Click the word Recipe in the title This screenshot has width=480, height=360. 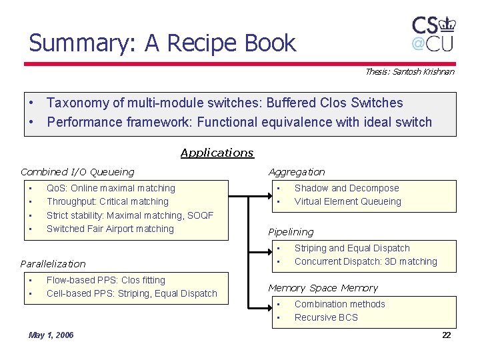coord(200,43)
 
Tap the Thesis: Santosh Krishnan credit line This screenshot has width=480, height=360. coord(409,71)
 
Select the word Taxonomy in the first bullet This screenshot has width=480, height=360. coord(77,103)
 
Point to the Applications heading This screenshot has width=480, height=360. coord(217,153)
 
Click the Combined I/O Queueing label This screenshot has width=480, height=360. coord(77,172)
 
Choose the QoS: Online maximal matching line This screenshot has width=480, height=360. coord(111,188)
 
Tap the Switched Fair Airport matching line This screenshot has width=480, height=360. coord(110,229)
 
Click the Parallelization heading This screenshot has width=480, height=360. coord(53,263)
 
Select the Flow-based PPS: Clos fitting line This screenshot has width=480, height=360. coord(105,280)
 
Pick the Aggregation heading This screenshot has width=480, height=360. coord(297,172)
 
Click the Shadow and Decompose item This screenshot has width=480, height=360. coord(347,188)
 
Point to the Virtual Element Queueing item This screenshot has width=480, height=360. coord(348,201)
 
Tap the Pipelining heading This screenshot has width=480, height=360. coord(291,232)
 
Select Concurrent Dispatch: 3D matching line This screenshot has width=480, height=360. coord(365,261)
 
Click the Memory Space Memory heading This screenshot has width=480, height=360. coord(323,288)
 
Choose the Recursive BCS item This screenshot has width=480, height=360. coord(326,317)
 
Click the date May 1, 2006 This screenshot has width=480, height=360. coord(51,335)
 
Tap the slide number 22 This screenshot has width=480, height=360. coord(447,335)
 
